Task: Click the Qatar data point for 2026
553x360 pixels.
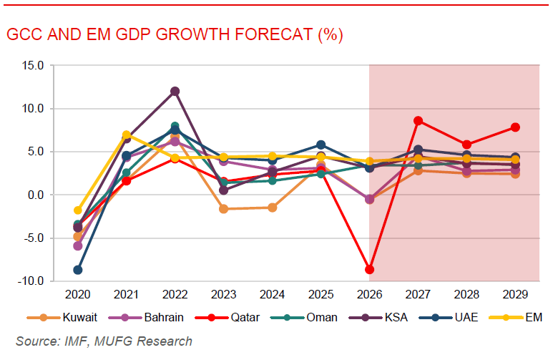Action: (x=370, y=269)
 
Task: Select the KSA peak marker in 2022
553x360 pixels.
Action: (x=175, y=92)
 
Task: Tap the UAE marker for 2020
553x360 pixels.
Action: (x=77, y=270)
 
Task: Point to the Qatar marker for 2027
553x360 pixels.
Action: (x=419, y=121)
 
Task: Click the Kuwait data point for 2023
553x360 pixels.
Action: (x=223, y=209)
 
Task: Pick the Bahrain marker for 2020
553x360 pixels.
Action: (x=77, y=245)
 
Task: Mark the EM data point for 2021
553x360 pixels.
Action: (x=127, y=135)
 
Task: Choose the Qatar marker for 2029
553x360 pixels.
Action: (x=515, y=127)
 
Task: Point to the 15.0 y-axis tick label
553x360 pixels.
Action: (x=33, y=66)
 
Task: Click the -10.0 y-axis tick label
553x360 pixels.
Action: (x=31, y=281)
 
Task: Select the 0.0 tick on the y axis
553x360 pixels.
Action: (x=36, y=195)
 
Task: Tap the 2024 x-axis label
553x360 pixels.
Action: (x=272, y=295)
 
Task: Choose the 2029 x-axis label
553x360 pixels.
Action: (x=515, y=295)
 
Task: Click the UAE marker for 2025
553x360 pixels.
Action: (x=321, y=145)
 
